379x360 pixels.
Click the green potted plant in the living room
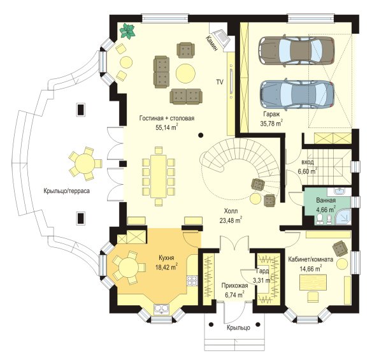click(127, 31)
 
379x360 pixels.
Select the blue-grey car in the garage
click(297, 94)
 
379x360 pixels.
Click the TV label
click(220, 82)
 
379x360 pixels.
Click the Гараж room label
click(271, 114)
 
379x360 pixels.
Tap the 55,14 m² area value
click(167, 127)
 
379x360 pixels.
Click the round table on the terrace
click(85, 164)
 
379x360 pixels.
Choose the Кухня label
click(166, 258)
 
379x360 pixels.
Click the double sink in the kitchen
click(161, 309)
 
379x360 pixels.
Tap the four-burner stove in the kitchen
click(192, 280)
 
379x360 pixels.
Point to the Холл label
click(231, 212)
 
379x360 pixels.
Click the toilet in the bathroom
click(320, 219)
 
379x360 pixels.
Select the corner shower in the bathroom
click(343, 217)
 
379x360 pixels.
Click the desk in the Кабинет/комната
click(313, 282)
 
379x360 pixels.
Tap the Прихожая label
click(234, 286)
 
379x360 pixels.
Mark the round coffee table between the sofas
click(185, 73)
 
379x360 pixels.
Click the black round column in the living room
click(201, 135)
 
